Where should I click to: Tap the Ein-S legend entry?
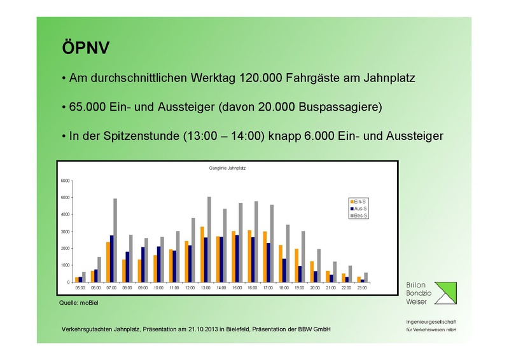351,201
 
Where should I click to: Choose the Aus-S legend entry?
351,208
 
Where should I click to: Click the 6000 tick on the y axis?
66,181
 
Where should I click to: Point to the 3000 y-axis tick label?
66,232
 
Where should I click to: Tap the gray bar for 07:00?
115,240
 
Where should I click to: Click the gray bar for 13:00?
209,239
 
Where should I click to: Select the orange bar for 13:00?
202,254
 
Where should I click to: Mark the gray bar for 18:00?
288,253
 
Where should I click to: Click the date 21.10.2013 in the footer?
209,328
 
